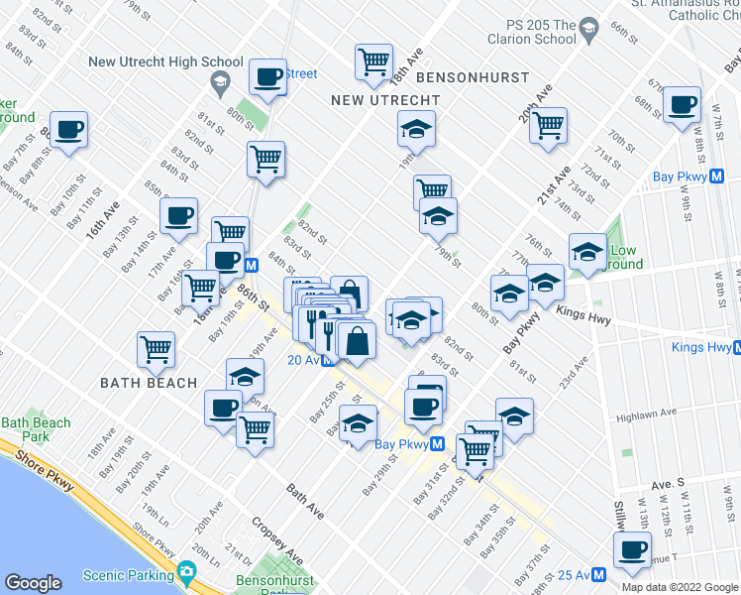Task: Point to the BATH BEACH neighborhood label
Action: (x=148, y=383)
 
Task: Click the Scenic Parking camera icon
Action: (x=185, y=573)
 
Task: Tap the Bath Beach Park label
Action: (x=36, y=429)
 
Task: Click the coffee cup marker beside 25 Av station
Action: (x=632, y=549)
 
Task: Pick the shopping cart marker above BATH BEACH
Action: (x=157, y=349)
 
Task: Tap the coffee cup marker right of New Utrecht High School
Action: (x=267, y=75)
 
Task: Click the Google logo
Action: (x=34, y=583)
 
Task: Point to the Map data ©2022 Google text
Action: (x=679, y=587)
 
